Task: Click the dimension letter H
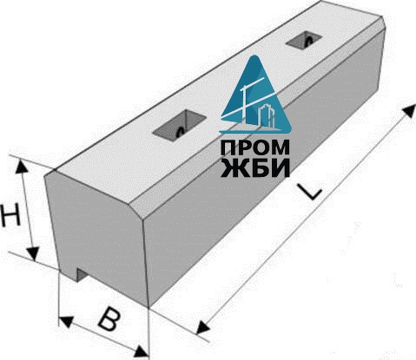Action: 10,214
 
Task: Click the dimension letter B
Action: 109,320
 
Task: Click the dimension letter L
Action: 310,192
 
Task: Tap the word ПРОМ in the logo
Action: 254,148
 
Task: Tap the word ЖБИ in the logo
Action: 255,167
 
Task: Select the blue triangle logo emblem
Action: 255,95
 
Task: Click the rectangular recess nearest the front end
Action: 180,126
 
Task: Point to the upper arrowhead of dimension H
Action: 22,166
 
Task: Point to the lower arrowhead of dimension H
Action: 34,253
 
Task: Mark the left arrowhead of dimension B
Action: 65,321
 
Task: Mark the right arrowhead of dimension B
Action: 142,351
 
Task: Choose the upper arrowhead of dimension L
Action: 409,111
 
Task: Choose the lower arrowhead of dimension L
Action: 202,328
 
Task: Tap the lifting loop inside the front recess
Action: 181,132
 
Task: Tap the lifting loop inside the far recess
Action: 309,40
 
